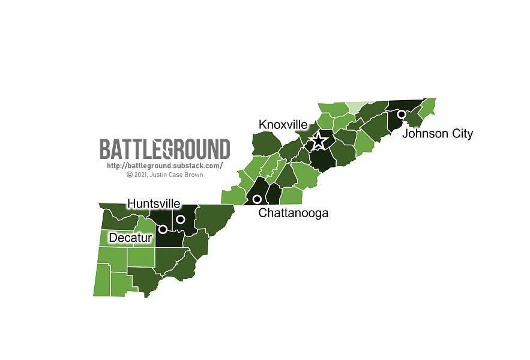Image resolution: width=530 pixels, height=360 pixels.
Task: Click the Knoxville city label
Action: tap(283, 125)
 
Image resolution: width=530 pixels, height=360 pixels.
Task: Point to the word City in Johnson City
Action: tap(462, 134)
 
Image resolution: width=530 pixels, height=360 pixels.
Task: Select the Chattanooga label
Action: tap(293, 213)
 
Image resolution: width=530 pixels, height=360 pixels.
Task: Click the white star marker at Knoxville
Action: tap(319, 141)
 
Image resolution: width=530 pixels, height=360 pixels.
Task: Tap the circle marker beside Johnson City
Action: tap(401, 113)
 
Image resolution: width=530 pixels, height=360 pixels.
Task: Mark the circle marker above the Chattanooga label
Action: tap(256, 199)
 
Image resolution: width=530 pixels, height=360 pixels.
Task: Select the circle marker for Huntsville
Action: tap(180, 219)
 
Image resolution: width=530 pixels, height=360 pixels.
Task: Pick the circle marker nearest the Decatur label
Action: tap(162, 229)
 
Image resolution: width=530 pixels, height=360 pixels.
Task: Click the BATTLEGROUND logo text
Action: tap(164, 149)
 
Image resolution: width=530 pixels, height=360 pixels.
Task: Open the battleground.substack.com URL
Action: tap(164, 166)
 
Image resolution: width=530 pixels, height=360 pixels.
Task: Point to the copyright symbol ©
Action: tap(129, 175)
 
